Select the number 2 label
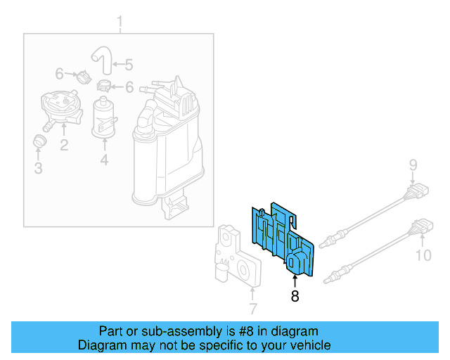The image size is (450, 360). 63,146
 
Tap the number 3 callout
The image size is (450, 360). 38,168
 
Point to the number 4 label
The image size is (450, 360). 103,161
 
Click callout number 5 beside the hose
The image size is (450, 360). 128,65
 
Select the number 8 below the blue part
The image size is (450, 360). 295,297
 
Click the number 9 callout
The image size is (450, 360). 414,166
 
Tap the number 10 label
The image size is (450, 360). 423,255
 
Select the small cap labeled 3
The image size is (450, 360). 39,141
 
